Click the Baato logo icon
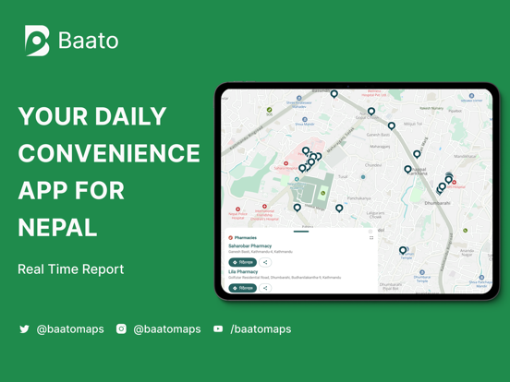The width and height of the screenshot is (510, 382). coord(37,41)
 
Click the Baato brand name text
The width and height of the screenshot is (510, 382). coord(89,41)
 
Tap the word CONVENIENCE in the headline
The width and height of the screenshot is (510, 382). coord(109,153)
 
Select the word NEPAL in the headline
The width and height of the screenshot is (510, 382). coord(57,227)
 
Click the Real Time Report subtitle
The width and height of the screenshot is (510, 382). coord(70,269)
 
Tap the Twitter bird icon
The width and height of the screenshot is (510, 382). coord(25,328)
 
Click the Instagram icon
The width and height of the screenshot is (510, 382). coord(121,328)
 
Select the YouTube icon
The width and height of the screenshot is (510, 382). coord(218,328)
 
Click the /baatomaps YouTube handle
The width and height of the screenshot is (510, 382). coord(261,328)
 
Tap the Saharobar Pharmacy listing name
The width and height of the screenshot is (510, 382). coord(250,246)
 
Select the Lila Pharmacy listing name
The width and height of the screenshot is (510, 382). coord(243,272)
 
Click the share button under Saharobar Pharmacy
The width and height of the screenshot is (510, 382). coord(265,262)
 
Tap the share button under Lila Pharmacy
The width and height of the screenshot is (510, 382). coord(265,288)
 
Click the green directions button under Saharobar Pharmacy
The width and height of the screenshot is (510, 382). coord(243,262)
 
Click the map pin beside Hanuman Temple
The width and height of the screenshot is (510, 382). coord(403,250)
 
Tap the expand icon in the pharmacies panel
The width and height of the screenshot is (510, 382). coord(371,237)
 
